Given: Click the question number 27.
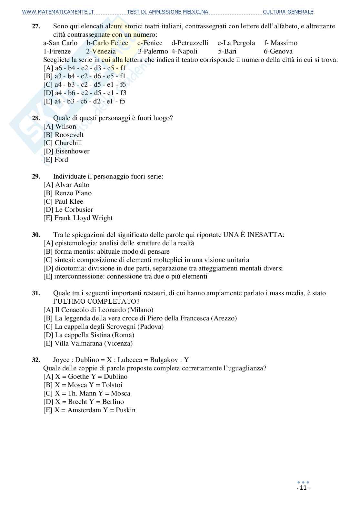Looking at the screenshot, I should pos(36,26).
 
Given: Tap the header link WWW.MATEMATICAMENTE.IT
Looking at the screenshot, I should pos(58,12).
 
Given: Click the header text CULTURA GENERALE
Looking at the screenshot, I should pos(288,12).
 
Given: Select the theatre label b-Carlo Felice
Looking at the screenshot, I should pos(107,43).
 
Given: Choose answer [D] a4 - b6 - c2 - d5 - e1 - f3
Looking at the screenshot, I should pos(85,93).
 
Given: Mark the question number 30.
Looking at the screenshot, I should pos(36,235).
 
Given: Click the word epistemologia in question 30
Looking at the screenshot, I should pos(70,243).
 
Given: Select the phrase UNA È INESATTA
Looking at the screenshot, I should pos(253,235).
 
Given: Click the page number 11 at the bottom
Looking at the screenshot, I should pos(303,488).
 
